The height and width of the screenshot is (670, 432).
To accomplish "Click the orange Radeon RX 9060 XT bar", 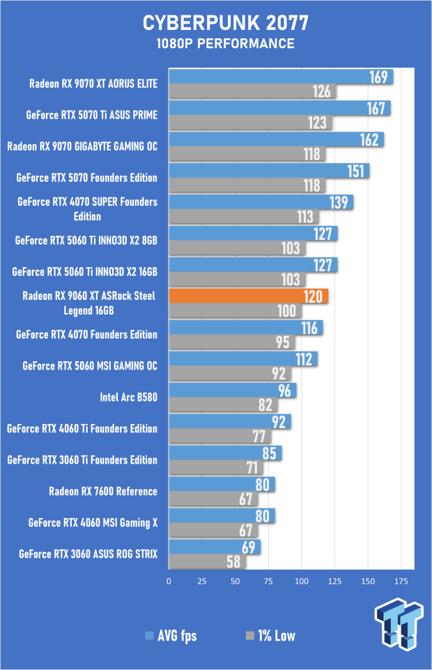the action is [x=249, y=296].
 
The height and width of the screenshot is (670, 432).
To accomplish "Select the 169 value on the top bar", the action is [x=378, y=77].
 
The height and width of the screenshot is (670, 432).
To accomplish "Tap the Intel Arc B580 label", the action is [x=128, y=397].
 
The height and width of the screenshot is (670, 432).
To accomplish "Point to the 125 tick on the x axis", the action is [x=334, y=581].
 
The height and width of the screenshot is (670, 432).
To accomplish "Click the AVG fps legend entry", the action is [x=171, y=636].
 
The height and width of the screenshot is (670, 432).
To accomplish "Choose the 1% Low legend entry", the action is [x=270, y=636].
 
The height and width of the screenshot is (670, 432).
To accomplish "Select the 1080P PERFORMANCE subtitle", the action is [x=225, y=44].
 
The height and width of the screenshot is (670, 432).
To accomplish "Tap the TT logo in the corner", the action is [x=399, y=624].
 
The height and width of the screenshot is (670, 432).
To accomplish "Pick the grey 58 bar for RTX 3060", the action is [x=208, y=561].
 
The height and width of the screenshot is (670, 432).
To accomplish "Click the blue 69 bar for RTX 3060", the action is [x=215, y=547].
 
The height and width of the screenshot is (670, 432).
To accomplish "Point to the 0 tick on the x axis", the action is [x=169, y=581].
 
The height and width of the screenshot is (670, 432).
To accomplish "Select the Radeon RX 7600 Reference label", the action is [x=103, y=492].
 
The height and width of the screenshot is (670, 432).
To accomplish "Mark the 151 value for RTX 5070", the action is [x=355, y=172].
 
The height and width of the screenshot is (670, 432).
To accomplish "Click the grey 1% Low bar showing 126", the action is [x=253, y=91].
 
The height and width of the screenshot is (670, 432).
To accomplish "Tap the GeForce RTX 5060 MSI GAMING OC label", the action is [x=90, y=366].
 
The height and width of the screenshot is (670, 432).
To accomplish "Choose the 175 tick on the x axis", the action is [x=401, y=581].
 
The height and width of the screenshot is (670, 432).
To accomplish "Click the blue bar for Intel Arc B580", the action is [x=233, y=390].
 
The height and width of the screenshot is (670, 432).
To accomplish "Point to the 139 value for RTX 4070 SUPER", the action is [x=339, y=203].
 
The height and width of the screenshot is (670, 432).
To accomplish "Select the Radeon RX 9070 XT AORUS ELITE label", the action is [x=93, y=84].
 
